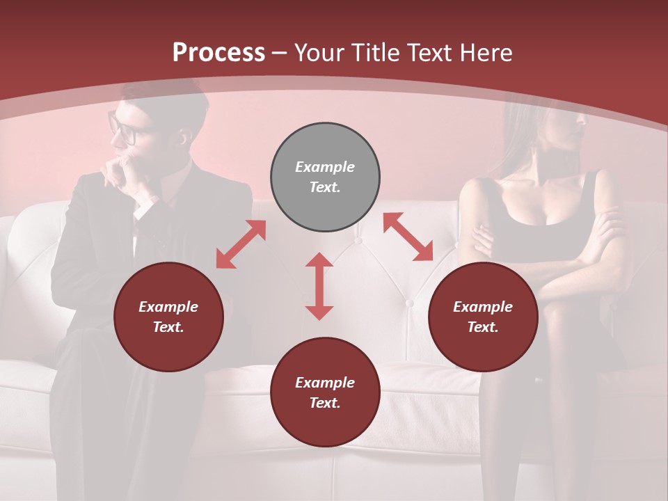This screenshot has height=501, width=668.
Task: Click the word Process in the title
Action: (x=218, y=53)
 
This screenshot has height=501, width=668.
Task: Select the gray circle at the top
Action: (x=325, y=177)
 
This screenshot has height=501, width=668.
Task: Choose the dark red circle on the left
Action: (x=168, y=317)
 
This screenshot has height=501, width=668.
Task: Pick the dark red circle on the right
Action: (x=483, y=317)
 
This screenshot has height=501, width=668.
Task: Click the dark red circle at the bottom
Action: (x=325, y=392)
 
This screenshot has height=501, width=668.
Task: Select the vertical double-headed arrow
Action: (x=319, y=286)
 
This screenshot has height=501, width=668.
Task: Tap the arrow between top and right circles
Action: (x=408, y=237)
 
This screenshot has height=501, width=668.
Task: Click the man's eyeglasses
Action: (x=122, y=129)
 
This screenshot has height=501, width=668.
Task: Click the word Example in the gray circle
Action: (x=325, y=167)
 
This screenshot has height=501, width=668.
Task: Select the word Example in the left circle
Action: (x=168, y=307)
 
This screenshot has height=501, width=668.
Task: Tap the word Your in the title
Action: (x=318, y=53)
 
